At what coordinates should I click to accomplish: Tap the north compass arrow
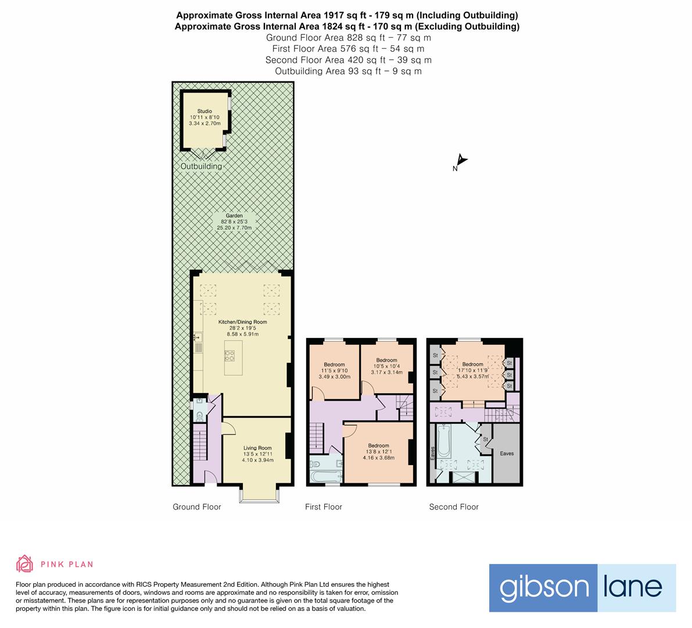[x=461, y=160]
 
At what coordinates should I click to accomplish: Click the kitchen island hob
[x=230, y=355]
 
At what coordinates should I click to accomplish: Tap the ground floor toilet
[x=199, y=416]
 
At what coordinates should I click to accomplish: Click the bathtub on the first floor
[x=326, y=476]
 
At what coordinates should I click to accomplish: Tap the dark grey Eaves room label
[x=507, y=454]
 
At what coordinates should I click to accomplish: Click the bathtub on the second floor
[x=443, y=441]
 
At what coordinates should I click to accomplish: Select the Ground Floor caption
[x=197, y=507]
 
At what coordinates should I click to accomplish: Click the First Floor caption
[x=324, y=507]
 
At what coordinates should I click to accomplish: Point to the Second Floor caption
[x=454, y=507]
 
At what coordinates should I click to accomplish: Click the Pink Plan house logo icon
[x=25, y=563]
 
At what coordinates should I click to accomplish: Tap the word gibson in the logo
[x=544, y=588]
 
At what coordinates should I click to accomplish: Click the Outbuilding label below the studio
[x=201, y=166]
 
